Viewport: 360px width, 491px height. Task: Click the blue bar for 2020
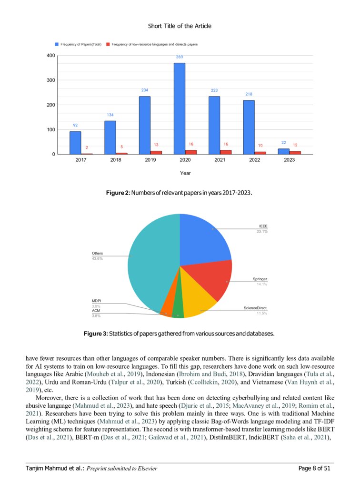coord(179,108)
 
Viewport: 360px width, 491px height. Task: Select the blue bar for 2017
coord(75,143)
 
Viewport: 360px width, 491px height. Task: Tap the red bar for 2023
coord(295,152)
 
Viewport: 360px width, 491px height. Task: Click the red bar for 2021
coord(226,152)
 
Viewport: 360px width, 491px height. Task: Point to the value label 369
coord(180,57)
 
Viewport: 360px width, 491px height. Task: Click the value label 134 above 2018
coord(110,115)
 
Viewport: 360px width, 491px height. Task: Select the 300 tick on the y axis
coord(50,80)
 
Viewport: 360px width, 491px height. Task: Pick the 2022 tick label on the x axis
coord(249,160)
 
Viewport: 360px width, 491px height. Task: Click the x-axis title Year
coord(185,173)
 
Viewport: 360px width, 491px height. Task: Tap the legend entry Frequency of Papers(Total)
coord(80,44)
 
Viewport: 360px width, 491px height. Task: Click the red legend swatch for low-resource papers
coord(108,44)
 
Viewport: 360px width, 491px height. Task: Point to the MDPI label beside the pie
coord(96,301)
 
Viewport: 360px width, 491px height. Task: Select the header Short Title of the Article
coord(180,26)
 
